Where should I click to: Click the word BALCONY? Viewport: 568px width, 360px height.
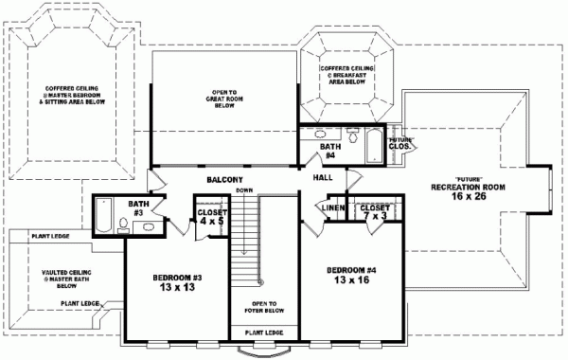[226, 179]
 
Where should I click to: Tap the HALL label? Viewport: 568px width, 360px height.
[323, 176]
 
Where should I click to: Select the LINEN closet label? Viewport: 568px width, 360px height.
[330, 208]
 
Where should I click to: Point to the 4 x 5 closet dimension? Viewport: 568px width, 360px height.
[211, 222]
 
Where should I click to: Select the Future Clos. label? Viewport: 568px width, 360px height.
[399, 143]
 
